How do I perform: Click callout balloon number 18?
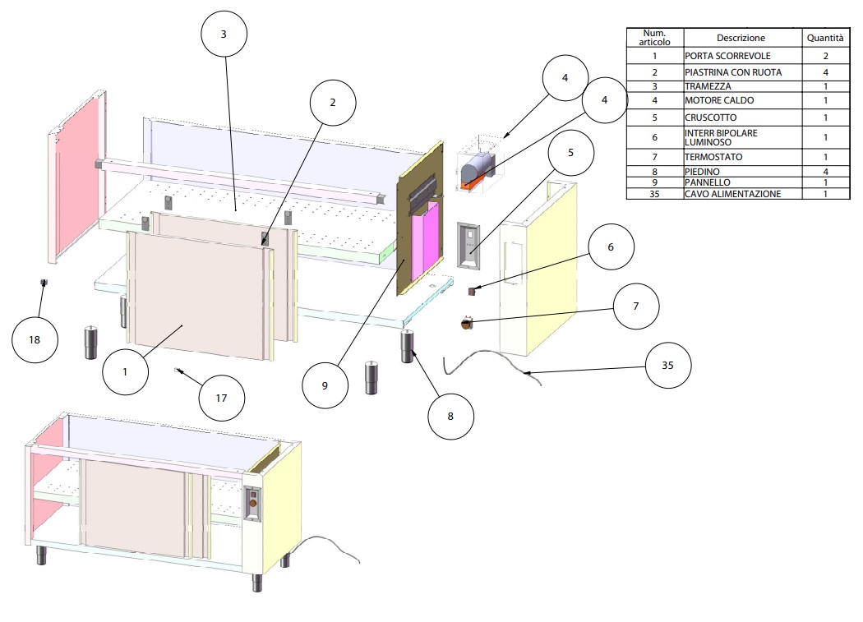pos(35,339)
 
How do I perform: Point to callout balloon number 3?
pos(224,35)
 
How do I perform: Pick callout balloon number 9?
pos(325,385)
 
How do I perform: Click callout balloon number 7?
pos(636,305)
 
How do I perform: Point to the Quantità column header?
pos(824,38)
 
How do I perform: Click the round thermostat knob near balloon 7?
pos(466,325)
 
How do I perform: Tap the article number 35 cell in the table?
pos(654,194)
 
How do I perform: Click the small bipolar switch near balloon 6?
pos(473,290)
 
